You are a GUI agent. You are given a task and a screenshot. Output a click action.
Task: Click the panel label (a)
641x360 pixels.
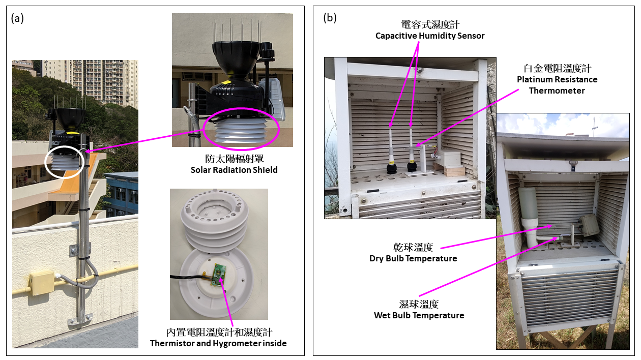pos(17,19)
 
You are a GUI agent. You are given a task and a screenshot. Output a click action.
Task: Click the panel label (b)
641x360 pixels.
pos(330,18)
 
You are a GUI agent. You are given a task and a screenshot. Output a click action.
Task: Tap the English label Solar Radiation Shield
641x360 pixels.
pos(234,170)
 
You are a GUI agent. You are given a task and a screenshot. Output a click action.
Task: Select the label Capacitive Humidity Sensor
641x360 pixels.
pos(430,36)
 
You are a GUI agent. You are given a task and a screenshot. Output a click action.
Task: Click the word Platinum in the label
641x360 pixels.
pos(534,79)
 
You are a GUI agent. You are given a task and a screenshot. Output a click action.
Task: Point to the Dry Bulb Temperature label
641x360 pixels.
pos(413,258)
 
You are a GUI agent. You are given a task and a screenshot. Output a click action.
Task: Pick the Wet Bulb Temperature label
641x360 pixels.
pos(419,315)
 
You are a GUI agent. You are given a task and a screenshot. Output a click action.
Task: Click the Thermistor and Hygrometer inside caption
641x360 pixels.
pos(218,343)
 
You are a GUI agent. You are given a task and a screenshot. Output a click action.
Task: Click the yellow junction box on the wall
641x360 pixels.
pos(42,283)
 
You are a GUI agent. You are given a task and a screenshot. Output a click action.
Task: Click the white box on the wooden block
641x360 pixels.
pos(448,158)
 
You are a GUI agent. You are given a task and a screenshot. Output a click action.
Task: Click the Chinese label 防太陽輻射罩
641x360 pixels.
pos(235,159)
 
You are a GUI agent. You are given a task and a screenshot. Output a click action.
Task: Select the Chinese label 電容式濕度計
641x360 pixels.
pos(430,24)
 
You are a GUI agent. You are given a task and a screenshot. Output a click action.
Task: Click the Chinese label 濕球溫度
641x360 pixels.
pos(419,304)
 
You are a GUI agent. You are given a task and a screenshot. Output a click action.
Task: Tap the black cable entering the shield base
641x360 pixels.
pos(189,277)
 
